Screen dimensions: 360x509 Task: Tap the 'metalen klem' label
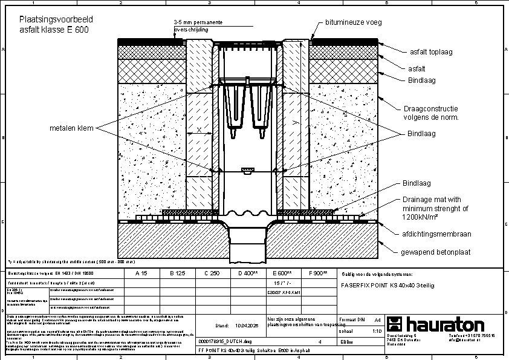coord(70,128)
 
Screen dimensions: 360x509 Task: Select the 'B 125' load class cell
coord(176,273)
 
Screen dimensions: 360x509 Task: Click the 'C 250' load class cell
coord(211,273)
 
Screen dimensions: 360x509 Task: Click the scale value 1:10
coord(376,332)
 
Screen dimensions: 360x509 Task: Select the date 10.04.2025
coord(247,325)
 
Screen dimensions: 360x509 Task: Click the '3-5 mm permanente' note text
coord(198,22)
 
